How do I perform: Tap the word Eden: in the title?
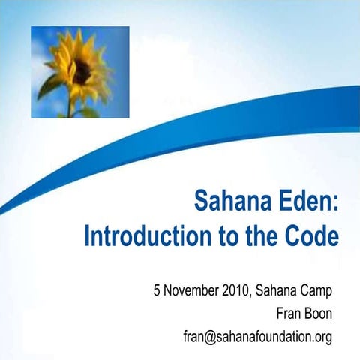pos(308,202)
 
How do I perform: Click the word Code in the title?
pos(310,236)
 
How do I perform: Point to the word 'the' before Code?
pos(256,236)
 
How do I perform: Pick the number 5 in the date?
pos(157,289)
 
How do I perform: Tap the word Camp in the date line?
pos(316,289)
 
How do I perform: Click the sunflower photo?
pos(79,72)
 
